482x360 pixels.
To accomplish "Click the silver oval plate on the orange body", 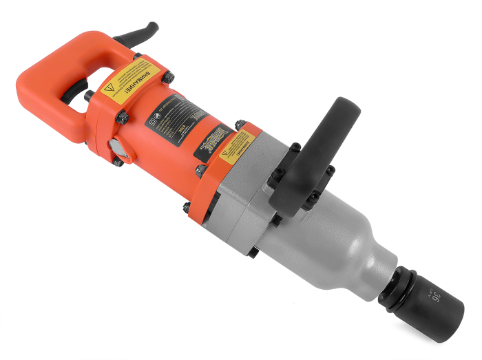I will click(x=114, y=148).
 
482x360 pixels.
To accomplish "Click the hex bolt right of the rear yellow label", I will click(x=169, y=77).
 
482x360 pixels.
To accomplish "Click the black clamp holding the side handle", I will click(x=296, y=186).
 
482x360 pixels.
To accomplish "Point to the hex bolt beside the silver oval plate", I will click(x=118, y=163).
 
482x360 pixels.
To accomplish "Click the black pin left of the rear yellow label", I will click(x=89, y=96).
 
